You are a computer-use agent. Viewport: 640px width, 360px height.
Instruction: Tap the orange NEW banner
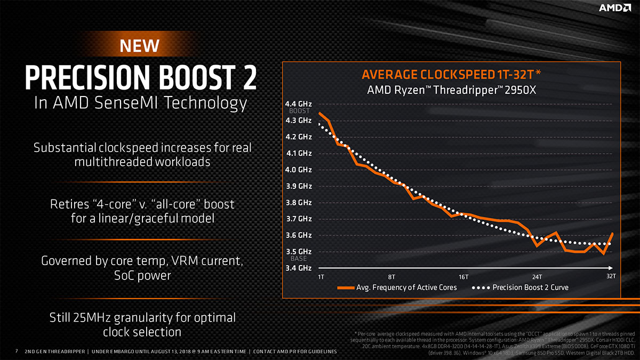click(139, 46)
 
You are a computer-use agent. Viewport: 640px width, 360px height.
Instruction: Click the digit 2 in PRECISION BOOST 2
click(246, 77)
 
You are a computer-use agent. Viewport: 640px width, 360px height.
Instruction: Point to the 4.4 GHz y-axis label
click(299, 104)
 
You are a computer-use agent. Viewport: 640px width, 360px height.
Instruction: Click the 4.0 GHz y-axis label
click(299, 170)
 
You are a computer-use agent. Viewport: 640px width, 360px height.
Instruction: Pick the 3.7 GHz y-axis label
click(299, 219)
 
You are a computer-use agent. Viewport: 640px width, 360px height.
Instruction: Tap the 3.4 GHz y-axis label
click(299, 268)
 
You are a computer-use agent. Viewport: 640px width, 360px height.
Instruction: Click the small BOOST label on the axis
click(299, 111)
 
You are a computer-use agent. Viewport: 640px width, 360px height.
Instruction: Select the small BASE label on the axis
click(299, 259)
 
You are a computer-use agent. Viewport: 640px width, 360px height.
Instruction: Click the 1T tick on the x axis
click(321, 276)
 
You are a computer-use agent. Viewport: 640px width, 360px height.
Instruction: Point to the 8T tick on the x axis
click(392, 276)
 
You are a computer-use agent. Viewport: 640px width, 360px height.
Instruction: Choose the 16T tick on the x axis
click(463, 276)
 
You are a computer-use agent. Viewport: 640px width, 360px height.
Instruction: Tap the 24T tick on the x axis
click(537, 276)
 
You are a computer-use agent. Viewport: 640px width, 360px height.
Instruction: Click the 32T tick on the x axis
click(611, 276)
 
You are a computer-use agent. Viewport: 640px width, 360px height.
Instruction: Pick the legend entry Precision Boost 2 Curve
click(530, 287)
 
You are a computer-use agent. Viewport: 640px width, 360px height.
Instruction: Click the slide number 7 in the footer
click(17, 351)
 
